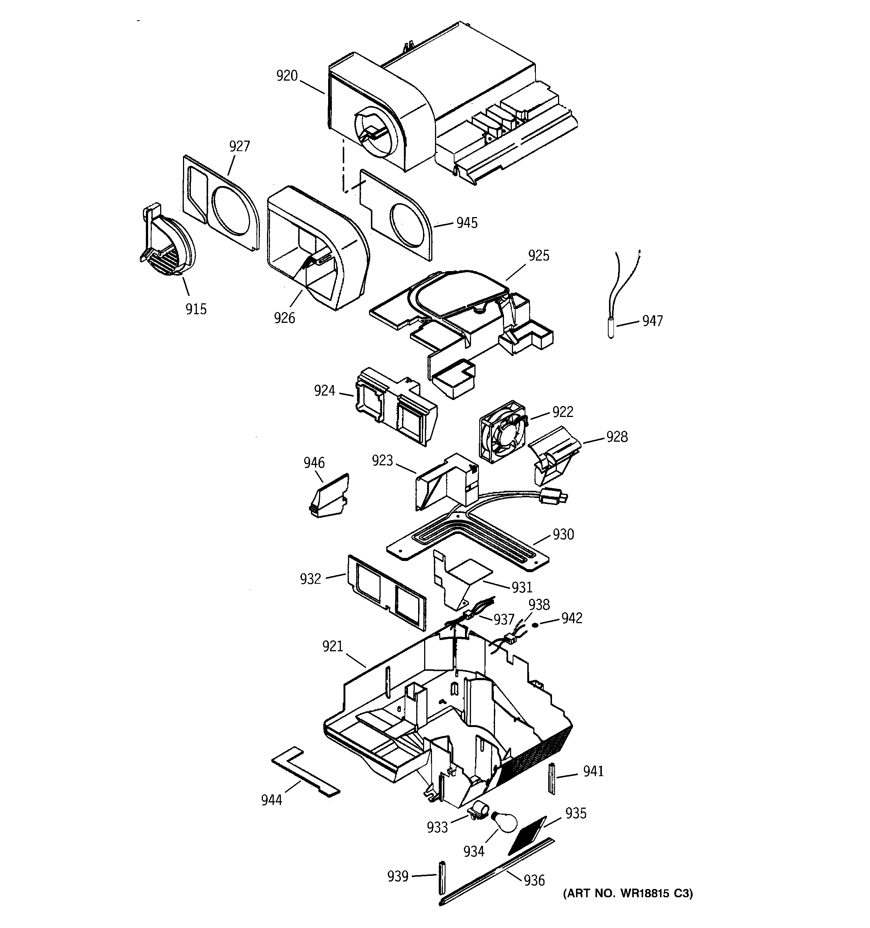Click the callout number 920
click(287, 76)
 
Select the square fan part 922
click(502, 432)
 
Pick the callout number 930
click(563, 534)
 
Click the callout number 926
click(284, 318)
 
